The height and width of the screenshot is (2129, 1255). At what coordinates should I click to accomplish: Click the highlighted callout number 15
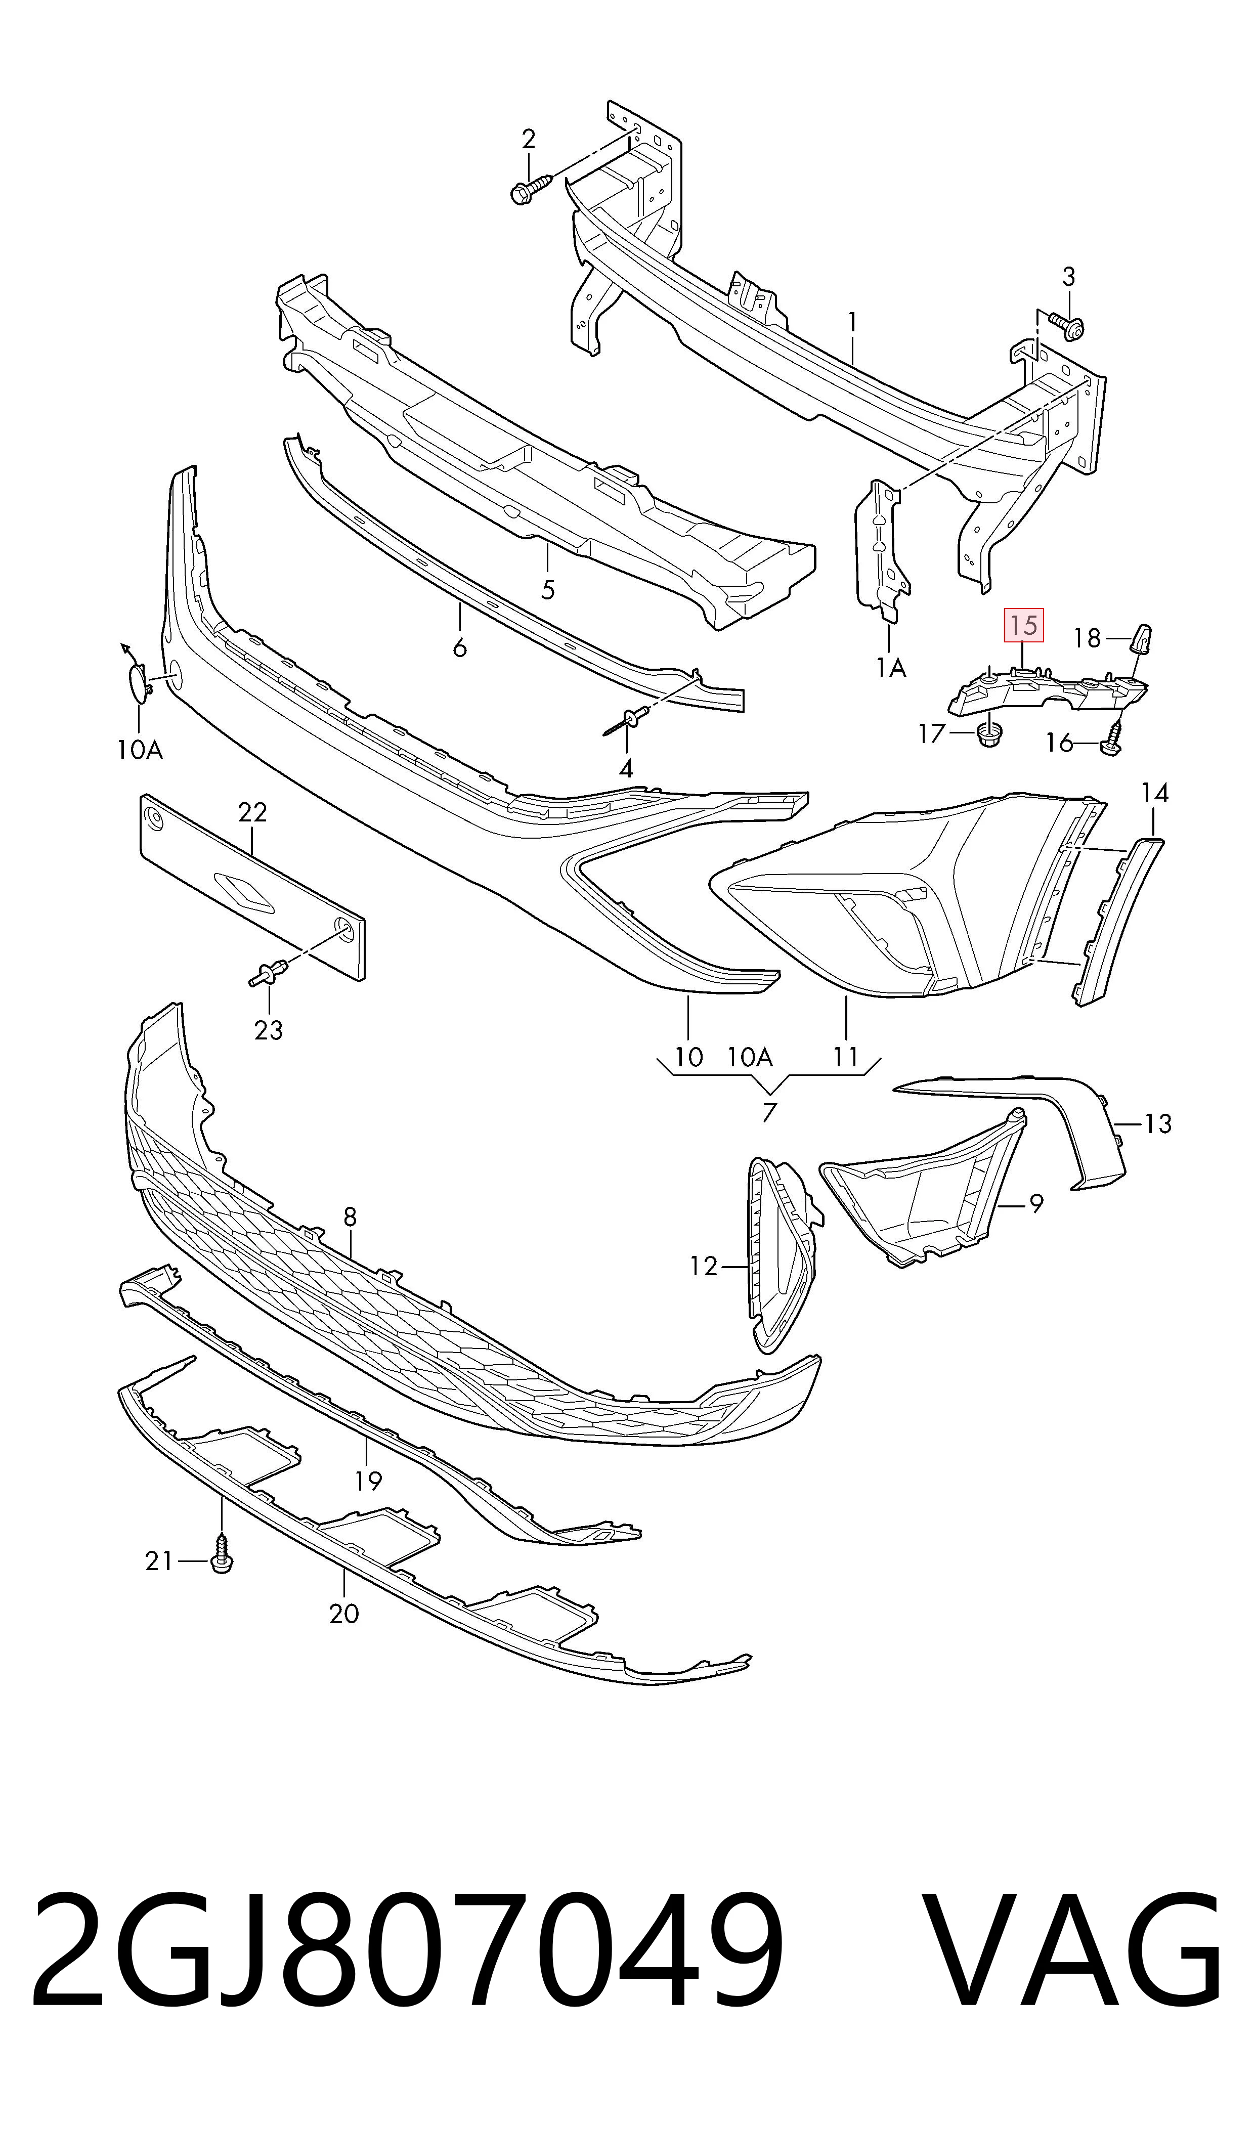(1023, 626)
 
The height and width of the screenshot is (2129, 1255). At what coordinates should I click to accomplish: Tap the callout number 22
(253, 812)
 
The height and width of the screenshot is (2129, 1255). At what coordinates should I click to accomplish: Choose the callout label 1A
(890, 668)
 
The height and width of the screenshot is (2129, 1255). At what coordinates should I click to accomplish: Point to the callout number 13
(1158, 1124)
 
